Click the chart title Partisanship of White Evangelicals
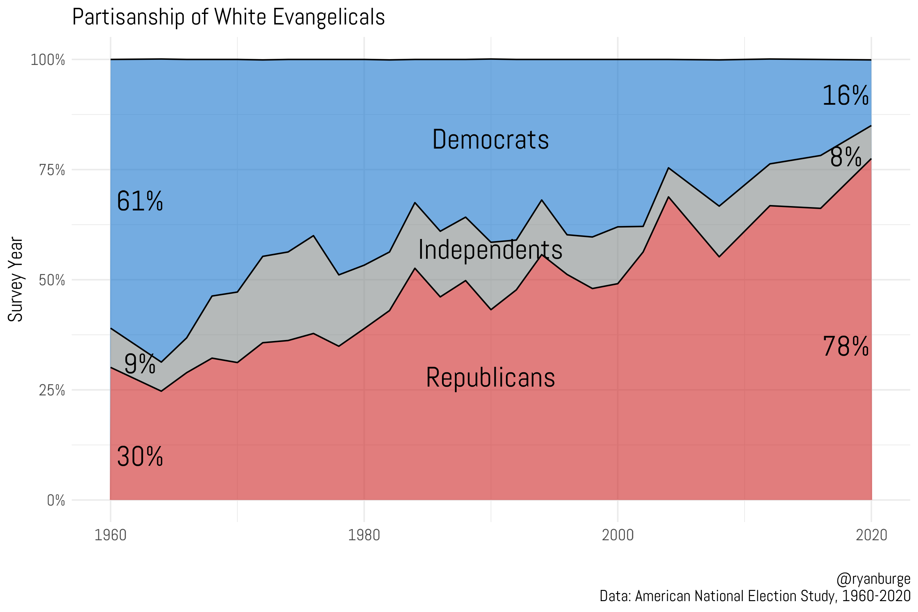[228, 17]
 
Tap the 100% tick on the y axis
[48, 60]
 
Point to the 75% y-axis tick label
[52, 170]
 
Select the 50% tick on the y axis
[52, 280]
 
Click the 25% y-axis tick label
[52, 390]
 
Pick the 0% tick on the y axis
[56, 500]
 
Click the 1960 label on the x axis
[111, 535]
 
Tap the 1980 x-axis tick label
[364, 535]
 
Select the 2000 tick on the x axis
[617, 535]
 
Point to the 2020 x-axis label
[871, 535]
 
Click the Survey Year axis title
[16, 279]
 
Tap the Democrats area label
[490, 139]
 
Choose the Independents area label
[490, 250]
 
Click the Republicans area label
[490, 377]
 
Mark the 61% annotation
[140, 201]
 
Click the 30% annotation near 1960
[140, 457]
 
